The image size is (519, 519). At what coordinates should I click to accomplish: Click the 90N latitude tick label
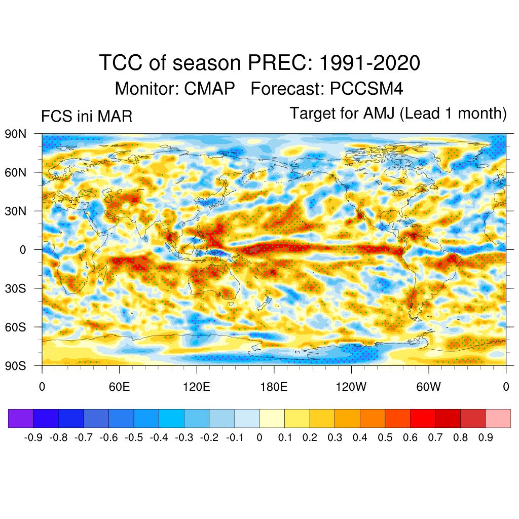15,134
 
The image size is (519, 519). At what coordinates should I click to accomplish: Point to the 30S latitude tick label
15,288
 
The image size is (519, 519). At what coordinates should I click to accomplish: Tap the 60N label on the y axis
15,172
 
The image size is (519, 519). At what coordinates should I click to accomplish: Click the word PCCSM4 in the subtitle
366,89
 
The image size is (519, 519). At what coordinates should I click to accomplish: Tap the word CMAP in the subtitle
209,89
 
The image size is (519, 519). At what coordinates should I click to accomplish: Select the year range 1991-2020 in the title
370,63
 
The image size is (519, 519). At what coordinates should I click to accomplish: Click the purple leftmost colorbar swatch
21,418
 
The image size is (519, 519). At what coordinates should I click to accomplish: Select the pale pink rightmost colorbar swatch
498,418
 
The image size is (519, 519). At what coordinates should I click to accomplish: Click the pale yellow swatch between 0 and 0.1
272,418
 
